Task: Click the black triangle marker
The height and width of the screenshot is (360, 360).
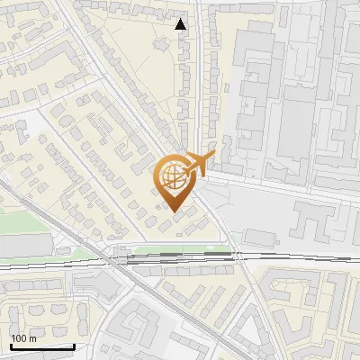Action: click(x=181, y=24)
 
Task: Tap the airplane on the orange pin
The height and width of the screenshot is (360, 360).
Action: click(x=200, y=164)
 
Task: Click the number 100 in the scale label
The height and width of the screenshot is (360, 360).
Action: click(x=19, y=338)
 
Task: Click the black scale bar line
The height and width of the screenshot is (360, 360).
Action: click(x=41, y=346)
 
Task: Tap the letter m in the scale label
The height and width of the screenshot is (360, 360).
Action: click(x=33, y=338)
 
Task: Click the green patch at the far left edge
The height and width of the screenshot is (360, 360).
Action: click(x=18, y=221)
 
